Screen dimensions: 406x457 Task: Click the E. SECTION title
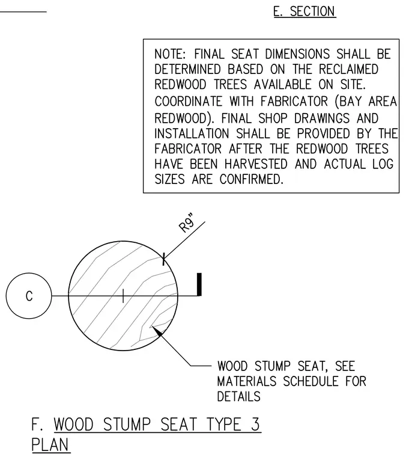(x=304, y=11)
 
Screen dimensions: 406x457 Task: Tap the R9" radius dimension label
(x=187, y=224)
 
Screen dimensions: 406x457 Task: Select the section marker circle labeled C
(x=29, y=296)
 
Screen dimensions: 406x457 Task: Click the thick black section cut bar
(x=199, y=284)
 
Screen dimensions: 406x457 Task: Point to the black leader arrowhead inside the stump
(x=157, y=331)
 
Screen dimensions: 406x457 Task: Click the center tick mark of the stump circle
(x=123, y=296)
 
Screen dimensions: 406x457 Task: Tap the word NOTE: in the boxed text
(x=170, y=54)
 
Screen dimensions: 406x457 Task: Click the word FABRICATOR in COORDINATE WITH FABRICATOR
(x=294, y=102)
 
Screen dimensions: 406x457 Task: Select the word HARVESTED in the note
(x=256, y=164)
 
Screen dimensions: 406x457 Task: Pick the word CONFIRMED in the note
(x=252, y=179)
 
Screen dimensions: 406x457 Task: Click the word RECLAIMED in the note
(x=348, y=69)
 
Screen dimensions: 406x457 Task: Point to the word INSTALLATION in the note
(x=192, y=133)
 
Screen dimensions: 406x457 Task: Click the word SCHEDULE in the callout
(x=311, y=381)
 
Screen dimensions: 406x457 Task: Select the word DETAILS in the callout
(x=238, y=397)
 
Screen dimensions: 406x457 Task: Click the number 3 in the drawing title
(x=255, y=425)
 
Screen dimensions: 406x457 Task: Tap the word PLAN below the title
(x=50, y=445)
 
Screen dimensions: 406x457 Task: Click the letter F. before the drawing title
(x=38, y=425)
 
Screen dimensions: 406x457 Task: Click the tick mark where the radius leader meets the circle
(x=163, y=259)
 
